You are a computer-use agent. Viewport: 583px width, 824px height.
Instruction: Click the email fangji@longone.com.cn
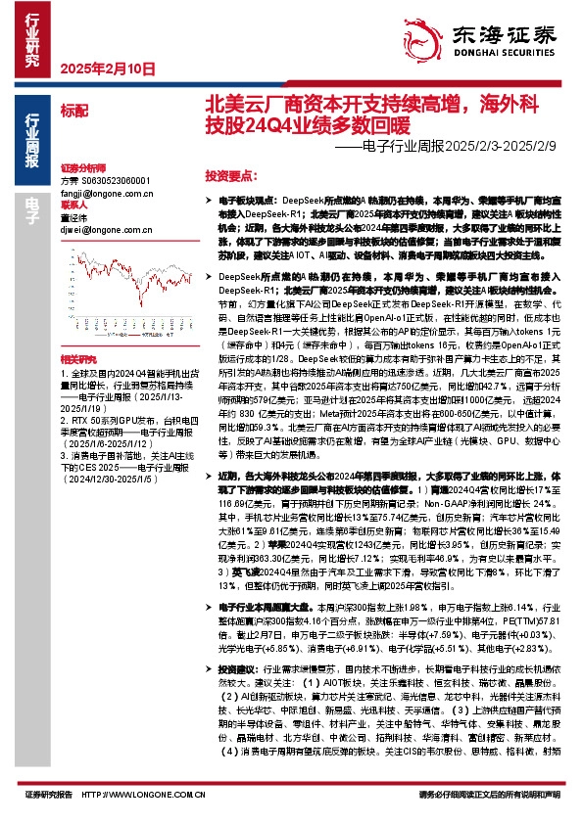point(96,196)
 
